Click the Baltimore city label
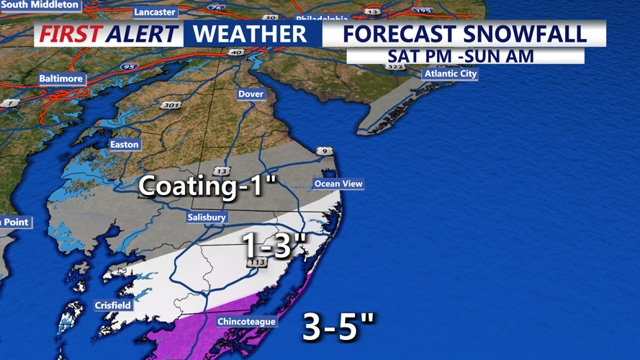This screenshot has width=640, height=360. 61,78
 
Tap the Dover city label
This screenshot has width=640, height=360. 251,94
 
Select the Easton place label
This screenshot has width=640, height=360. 124,144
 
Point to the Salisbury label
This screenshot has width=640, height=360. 207,217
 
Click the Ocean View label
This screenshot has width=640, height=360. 338,184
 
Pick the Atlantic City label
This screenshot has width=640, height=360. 451,73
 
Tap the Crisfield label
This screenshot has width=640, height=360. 113,305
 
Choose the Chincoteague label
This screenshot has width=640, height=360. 246,321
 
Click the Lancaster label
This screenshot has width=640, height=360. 155,12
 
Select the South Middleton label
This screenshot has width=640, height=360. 40,5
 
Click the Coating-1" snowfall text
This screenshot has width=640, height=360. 207,186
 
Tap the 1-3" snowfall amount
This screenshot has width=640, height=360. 274,246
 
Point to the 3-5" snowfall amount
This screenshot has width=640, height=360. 338,327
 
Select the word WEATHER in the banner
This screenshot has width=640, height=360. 250,34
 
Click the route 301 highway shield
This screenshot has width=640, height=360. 171,105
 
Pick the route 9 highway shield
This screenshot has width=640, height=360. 324,151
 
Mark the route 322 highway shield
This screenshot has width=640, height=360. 395,66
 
